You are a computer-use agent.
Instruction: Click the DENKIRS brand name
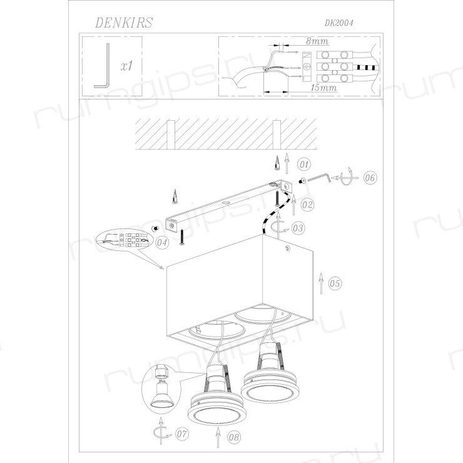pyautogui.click(x=124, y=23)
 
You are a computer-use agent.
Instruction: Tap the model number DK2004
pyautogui.click(x=338, y=23)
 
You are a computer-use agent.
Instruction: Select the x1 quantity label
pyautogui.click(x=127, y=66)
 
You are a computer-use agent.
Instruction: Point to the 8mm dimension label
pyautogui.click(x=317, y=41)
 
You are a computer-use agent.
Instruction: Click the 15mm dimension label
pyautogui.click(x=323, y=88)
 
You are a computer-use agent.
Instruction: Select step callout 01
pyautogui.click(x=304, y=164)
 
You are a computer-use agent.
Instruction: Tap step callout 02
pyautogui.click(x=307, y=205)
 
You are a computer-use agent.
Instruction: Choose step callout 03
pyautogui.click(x=298, y=228)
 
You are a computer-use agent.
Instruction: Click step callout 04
pyautogui.click(x=162, y=243)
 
